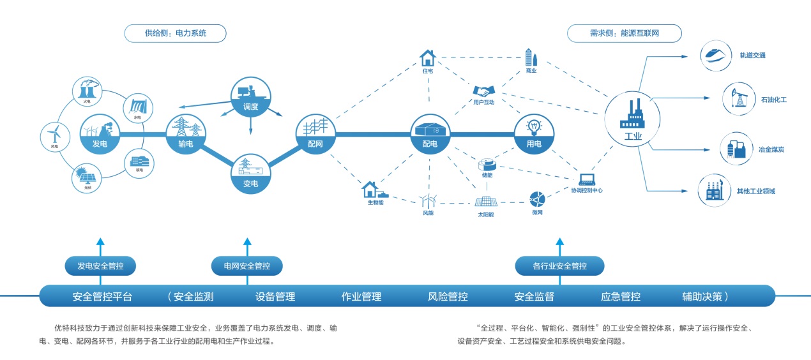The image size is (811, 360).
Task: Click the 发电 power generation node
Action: coord(99,133)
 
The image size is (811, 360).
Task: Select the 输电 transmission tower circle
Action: coord(186,133)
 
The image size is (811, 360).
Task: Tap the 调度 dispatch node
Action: coord(250,97)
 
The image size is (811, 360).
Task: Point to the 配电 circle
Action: coord(430,133)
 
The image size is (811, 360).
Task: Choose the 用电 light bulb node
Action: coord(534,133)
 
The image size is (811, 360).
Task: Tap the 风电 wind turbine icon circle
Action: coord(55,135)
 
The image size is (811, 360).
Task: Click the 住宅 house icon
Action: coord(427,58)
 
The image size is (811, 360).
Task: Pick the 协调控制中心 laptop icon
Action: coord(587,179)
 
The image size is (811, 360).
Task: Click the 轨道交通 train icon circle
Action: coord(715,56)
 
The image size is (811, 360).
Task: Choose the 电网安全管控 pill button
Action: coord(247,266)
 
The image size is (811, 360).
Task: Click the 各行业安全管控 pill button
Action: coord(559,266)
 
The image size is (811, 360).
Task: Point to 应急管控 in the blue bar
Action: coord(620,296)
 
